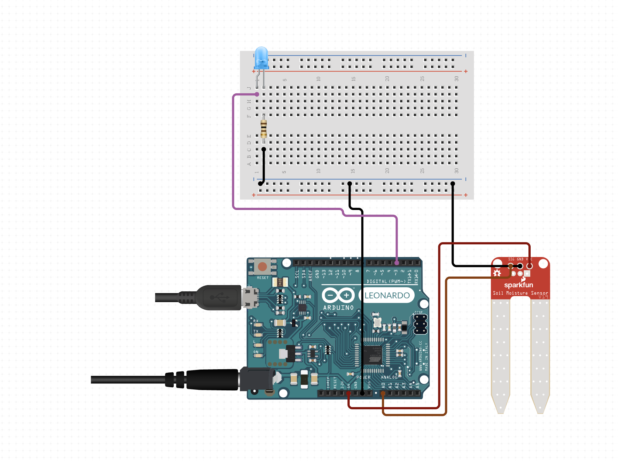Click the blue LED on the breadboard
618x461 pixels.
coord(261,58)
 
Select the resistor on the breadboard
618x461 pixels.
coord(264,129)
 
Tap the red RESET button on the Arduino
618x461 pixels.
coord(262,267)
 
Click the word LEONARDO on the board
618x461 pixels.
coord(387,295)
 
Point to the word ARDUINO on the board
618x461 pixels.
coord(338,307)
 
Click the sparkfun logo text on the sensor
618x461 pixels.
coord(518,285)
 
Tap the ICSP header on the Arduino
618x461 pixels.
coord(420,324)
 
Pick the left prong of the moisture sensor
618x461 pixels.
coord(500,353)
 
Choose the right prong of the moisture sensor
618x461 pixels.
coord(540,353)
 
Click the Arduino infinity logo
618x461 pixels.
coord(338,295)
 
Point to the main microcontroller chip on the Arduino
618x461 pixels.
coord(373,354)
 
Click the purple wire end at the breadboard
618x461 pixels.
coord(257,94)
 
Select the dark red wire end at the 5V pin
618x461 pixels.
coord(348,393)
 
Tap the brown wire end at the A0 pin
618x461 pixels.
coord(383,393)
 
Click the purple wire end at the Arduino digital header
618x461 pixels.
coord(397,263)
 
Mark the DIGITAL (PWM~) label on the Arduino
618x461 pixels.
coord(386,281)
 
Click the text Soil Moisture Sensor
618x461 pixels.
coord(520,293)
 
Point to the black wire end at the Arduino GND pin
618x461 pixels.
coord(362,393)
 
